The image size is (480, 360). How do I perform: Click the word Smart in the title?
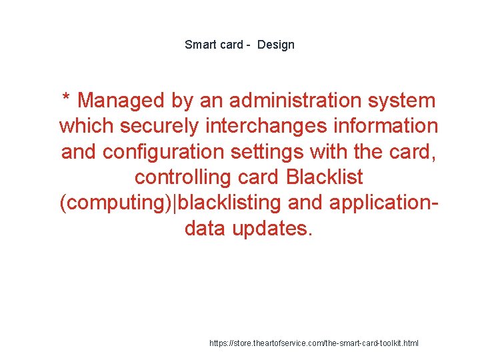point(199,45)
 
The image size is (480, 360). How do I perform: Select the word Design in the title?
point(275,45)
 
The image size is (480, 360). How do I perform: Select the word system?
point(404,101)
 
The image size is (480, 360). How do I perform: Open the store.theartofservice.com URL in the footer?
point(313,343)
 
